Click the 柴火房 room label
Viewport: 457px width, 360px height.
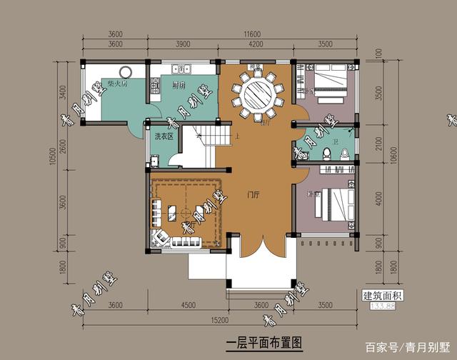tap(118, 84)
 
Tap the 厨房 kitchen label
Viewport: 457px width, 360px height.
tap(180, 85)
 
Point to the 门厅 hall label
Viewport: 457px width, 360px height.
tap(253, 194)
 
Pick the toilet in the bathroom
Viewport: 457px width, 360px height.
tap(326, 151)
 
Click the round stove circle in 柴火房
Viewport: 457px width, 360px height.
tap(127, 71)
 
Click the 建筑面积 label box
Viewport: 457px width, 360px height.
tap(383, 295)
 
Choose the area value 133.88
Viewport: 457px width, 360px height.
tap(383, 306)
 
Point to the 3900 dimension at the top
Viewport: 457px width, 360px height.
tap(182, 44)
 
